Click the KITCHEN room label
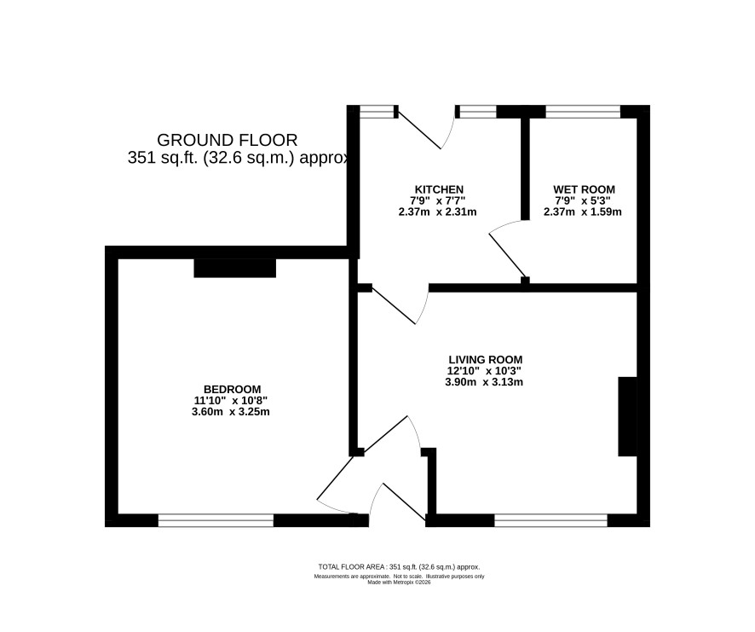[x=439, y=189]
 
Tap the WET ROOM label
[x=584, y=189]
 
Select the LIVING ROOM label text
[x=486, y=360]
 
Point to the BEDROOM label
[x=232, y=389]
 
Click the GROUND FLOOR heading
[x=228, y=140]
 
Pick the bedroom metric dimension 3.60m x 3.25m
[x=231, y=412]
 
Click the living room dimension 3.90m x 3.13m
[x=484, y=382]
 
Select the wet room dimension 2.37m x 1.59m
[x=583, y=212]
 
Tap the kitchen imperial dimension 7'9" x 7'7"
[x=438, y=200]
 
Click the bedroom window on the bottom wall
[x=216, y=520]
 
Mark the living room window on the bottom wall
[x=550, y=520]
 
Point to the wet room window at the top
[x=583, y=112]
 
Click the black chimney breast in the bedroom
[x=235, y=268]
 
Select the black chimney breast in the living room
[x=627, y=416]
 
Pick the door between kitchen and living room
[x=399, y=304]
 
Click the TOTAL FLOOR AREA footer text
[x=399, y=567]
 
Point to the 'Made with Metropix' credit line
[x=399, y=583]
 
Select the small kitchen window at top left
[x=377, y=112]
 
